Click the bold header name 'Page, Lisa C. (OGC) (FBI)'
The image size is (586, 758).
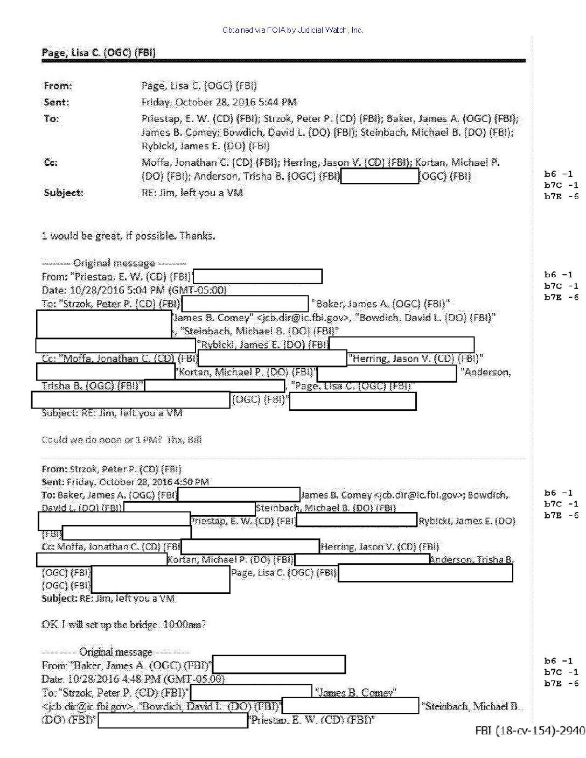(99, 52)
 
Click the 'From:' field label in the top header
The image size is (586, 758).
(58, 86)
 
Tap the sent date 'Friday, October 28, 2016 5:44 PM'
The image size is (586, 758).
(219, 102)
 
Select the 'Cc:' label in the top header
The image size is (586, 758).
(51, 162)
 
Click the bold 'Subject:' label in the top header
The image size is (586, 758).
(64, 192)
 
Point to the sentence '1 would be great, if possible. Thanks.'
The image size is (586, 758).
(128, 235)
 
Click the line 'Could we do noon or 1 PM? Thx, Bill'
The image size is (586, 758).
(122, 440)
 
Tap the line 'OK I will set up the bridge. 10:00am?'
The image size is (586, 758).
(124, 624)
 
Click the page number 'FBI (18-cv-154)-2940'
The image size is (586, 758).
(529, 730)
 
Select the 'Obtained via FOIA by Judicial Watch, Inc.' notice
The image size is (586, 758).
(292, 30)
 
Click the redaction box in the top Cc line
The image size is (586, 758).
(380, 176)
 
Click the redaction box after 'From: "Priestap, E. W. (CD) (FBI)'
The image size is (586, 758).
(257, 277)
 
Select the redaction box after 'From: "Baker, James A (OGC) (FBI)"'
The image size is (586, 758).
(278, 664)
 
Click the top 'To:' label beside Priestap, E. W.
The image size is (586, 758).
(51, 118)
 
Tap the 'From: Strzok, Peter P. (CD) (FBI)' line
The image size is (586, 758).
(111, 469)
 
